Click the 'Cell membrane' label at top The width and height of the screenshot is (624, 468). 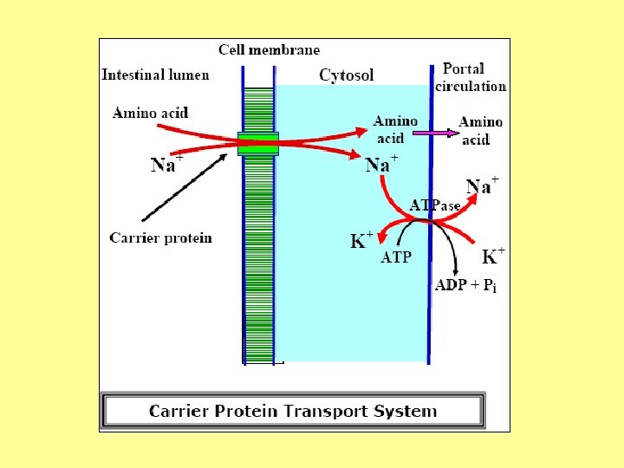[x=269, y=50]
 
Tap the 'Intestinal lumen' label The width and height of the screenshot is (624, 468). [x=155, y=75]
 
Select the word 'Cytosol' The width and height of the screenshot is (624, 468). [x=347, y=75]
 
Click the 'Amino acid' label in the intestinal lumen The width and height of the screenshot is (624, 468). [x=150, y=113]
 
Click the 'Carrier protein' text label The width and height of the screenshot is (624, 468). [x=160, y=237]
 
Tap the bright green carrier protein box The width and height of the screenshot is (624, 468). [x=258, y=144]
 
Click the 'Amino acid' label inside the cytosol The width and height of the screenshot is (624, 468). [x=395, y=130]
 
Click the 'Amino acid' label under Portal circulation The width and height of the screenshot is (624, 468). [x=480, y=131]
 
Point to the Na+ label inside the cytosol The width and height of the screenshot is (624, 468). [x=381, y=164]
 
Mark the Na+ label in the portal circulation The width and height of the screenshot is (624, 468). [x=482, y=185]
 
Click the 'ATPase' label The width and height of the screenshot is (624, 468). [x=434, y=206]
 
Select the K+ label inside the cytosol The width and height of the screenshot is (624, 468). [x=361, y=240]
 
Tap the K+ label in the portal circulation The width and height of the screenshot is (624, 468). [x=493, y=256]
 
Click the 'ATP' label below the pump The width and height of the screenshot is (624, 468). [x=396, y=257]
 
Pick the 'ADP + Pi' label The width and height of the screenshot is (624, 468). [x=465, y=287]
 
